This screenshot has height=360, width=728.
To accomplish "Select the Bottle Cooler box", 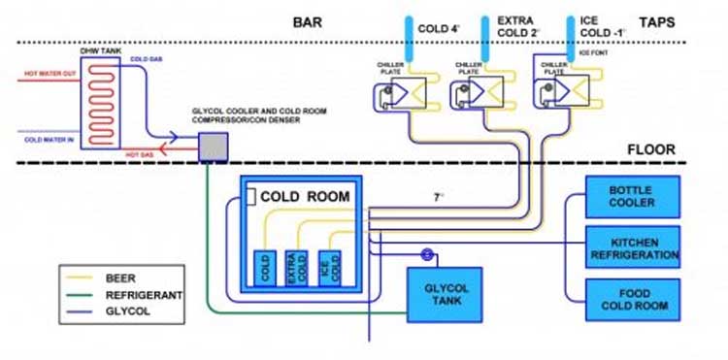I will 631,196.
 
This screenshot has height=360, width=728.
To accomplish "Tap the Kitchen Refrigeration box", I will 631,247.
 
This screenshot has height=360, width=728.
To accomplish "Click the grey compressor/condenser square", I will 212,147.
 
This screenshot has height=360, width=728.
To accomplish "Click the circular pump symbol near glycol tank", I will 425,255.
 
